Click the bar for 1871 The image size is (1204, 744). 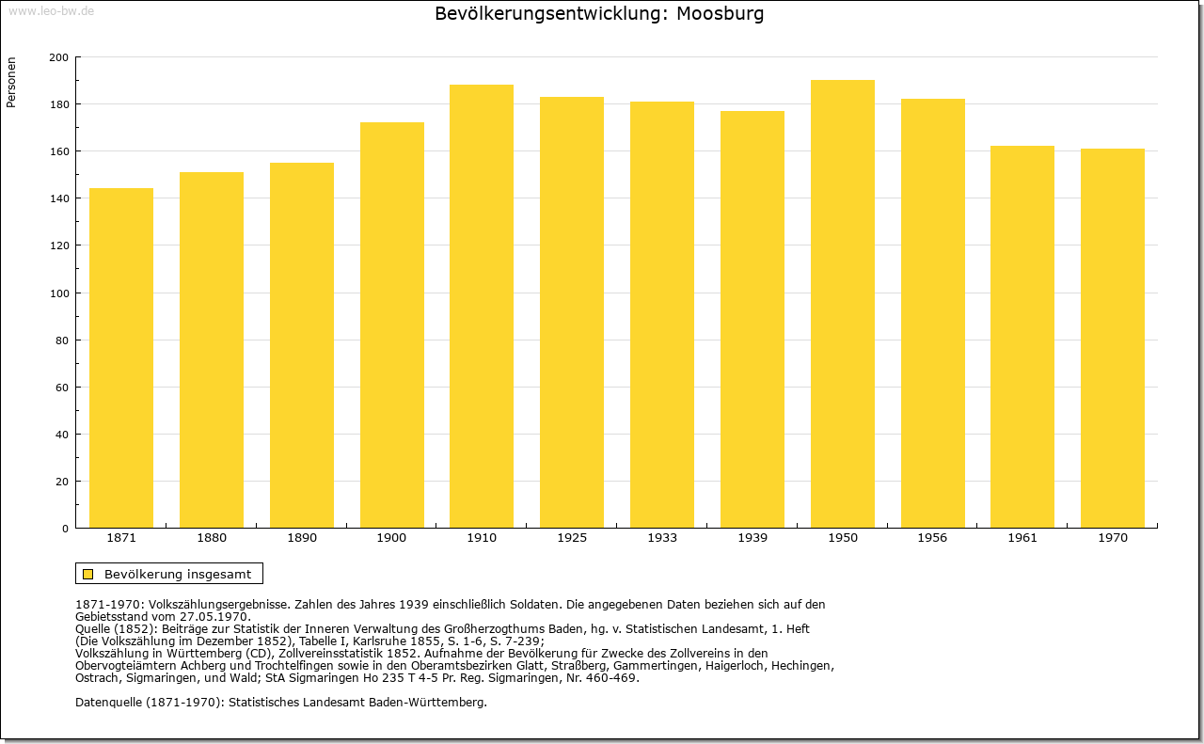click(121, 358)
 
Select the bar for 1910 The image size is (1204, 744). click(482, 307)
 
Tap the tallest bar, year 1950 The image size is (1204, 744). click(842, 304)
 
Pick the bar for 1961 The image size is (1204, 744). click(1022, 337)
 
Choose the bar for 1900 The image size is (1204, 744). click(392, 325)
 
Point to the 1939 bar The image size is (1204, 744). click(752, 319)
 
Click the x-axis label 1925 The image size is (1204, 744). click(572, 538)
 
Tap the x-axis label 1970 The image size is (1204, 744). click(1113, 538)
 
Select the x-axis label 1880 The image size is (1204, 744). click(212, 538)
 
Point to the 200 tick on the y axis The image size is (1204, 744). click(58, 57)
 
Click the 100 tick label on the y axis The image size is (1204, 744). click(58, 293)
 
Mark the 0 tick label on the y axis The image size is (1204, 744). click(65, 529)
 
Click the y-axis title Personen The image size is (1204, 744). click(11, 82)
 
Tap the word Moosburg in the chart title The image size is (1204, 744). click(720, 14)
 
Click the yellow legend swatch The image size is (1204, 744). click(88, 574)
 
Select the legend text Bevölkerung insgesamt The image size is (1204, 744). click(178, 574)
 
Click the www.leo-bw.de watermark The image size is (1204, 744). click(51, 10)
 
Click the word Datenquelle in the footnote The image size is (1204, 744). click(109, 703)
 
